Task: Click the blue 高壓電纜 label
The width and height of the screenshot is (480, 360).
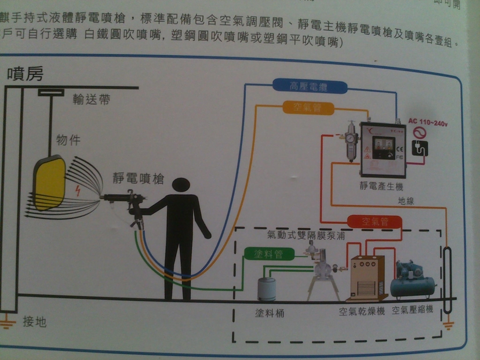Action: [310, 87]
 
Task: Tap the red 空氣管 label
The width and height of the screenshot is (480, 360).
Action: [374, 221]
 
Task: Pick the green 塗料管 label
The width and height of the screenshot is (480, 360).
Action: [267, 254]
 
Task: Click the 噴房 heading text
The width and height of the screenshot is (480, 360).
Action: [26, 74]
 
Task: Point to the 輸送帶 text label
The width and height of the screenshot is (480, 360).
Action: [91, 99]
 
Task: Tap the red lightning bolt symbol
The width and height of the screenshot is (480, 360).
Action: [79, 190]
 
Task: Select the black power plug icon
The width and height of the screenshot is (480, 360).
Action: [419, 149]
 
